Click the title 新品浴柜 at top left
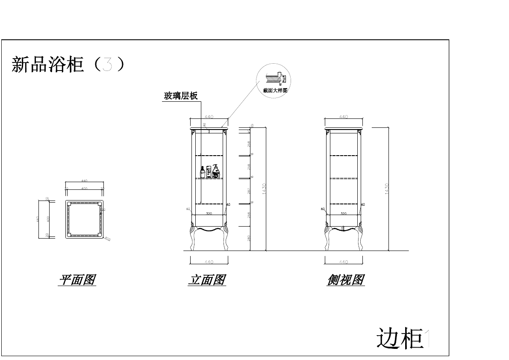[47, 65]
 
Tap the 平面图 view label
[77, 280]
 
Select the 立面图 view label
[207, 280]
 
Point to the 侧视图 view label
[346, 280]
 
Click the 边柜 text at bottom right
[400, 338]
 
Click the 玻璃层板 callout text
[180, 96]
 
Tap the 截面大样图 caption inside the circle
[275, 90]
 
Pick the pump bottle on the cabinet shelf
[216, 171]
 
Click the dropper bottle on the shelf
[203, 172]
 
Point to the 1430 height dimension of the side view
[386, 189]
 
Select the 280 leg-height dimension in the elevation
[249, 238]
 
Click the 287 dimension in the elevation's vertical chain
[249, 191]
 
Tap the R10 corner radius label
[107, 239]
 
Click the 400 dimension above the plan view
[84, 188]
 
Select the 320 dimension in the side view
[343, 213]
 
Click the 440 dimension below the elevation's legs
[209, 262]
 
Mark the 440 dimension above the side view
[343, 117]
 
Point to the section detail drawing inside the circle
[274, 79]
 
